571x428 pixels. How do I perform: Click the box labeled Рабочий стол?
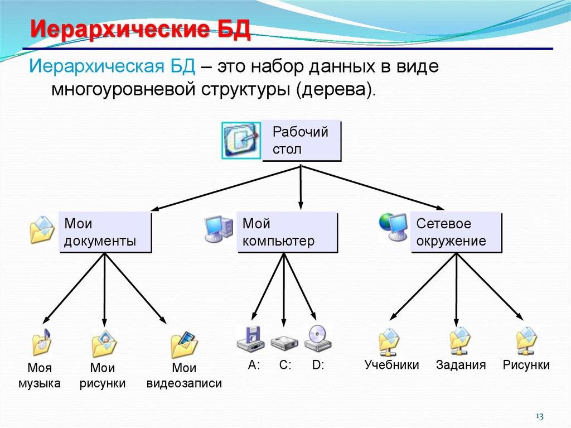pos(301,141)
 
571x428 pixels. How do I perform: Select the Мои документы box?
pos(105,232)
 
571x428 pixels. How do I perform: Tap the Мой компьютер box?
pos(287,232)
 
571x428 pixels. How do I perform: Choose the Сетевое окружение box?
pos(456,232)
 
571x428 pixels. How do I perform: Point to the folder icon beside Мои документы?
pos(42,229)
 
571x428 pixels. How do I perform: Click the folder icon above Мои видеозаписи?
pos(184,344)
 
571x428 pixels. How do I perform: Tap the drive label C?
pos(285,366)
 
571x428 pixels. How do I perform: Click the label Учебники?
pos(391,366)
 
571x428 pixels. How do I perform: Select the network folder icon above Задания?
pos(460,341)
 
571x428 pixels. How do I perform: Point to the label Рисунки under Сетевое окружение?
pos(526,366)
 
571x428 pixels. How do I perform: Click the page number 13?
pos(539,416)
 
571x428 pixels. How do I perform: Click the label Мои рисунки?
pos(102,376)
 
